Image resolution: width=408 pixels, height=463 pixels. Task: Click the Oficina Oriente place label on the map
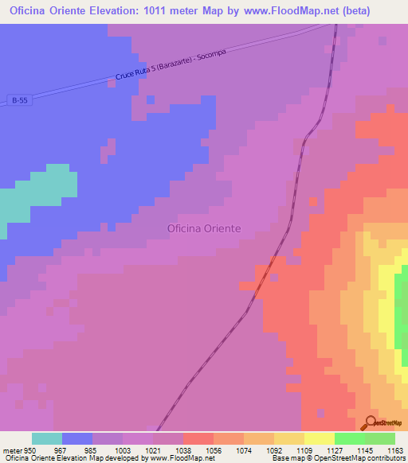[203, 228]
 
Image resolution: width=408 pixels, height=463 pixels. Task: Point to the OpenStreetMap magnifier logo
[370, 422]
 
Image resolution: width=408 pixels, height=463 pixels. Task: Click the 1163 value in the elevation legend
[395, 451]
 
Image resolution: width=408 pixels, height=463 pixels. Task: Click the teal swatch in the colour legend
[46, 438]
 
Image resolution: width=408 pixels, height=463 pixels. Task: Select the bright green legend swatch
[349, 438]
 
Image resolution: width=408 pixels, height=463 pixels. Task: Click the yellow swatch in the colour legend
[319, 438]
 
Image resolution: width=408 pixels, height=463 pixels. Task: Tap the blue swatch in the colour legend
[76, 438]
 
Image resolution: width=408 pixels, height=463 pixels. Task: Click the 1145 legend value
[364, 451]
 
